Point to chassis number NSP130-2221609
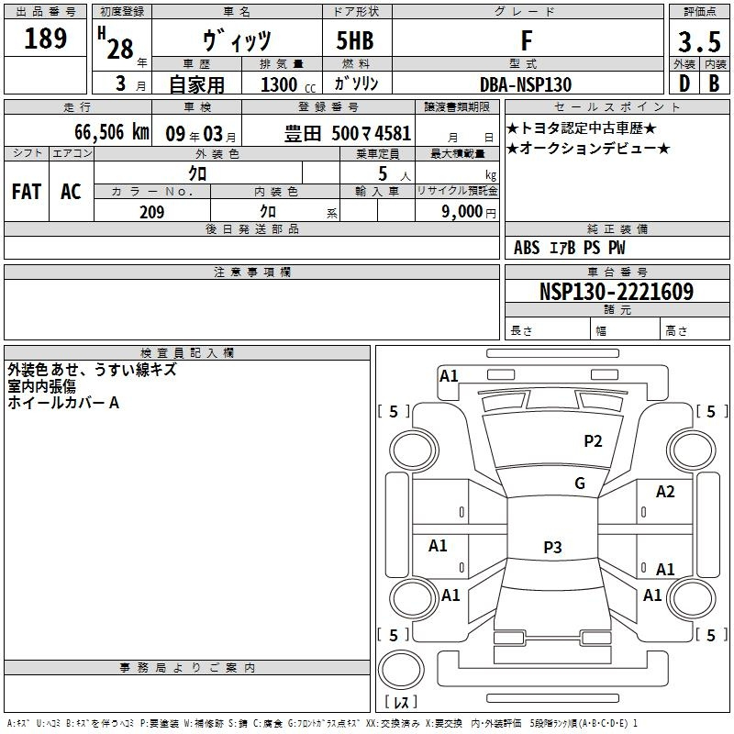617,292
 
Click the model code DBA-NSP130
526,84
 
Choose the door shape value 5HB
355,41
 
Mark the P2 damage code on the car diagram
593,441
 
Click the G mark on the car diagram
580,484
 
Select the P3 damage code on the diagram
551,548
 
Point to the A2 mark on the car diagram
665,492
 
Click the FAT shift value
27,192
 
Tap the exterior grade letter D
684,84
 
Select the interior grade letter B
714,84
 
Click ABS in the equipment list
527,248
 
